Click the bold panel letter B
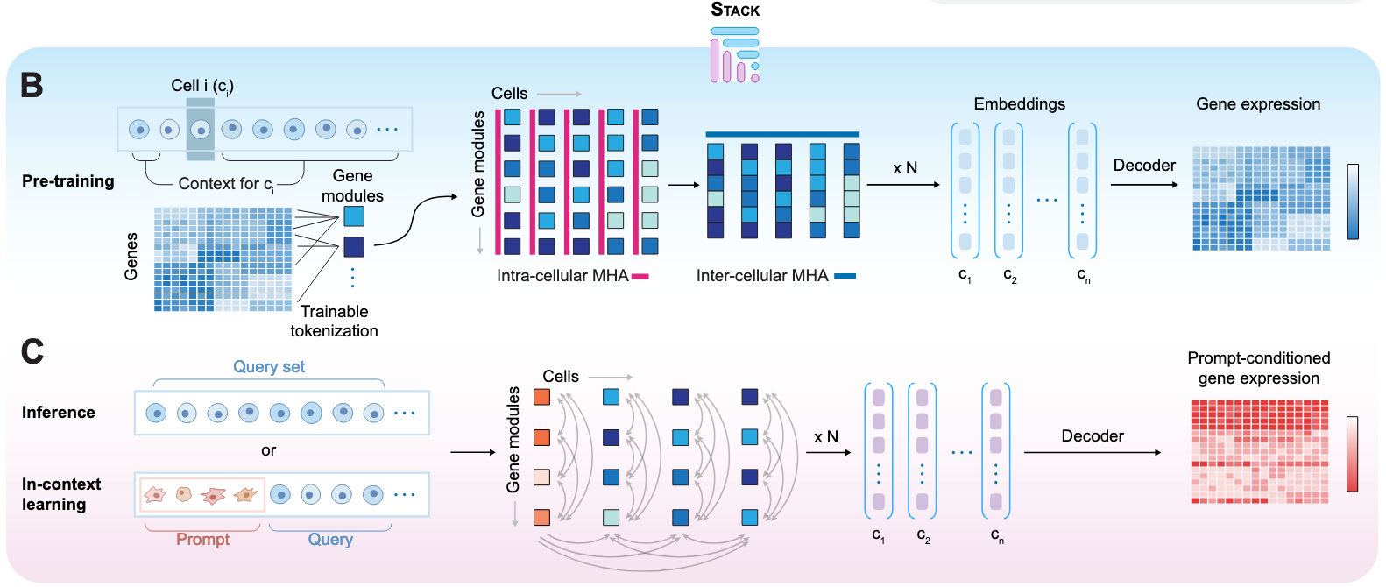[32, 85]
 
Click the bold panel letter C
[32, 351]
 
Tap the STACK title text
[735, 10]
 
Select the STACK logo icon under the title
[734, 55]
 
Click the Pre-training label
[68, 181]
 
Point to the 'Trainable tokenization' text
[334, 322]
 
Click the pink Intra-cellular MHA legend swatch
[640, 276]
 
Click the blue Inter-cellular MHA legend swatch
[845, 276]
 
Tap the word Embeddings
[1019, 104]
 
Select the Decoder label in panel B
[1144, 166]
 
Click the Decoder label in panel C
[1093, 436]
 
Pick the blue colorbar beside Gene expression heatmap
[1353, 202]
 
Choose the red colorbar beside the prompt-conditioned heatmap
[1353, 454]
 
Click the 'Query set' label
[269, 367]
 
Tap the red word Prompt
[202, 540]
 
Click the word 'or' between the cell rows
[268, 450]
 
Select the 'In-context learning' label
[60, 494]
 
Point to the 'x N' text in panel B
[905, 168]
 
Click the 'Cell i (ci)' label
[202, 86]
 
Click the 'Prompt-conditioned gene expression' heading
[1258, 368]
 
